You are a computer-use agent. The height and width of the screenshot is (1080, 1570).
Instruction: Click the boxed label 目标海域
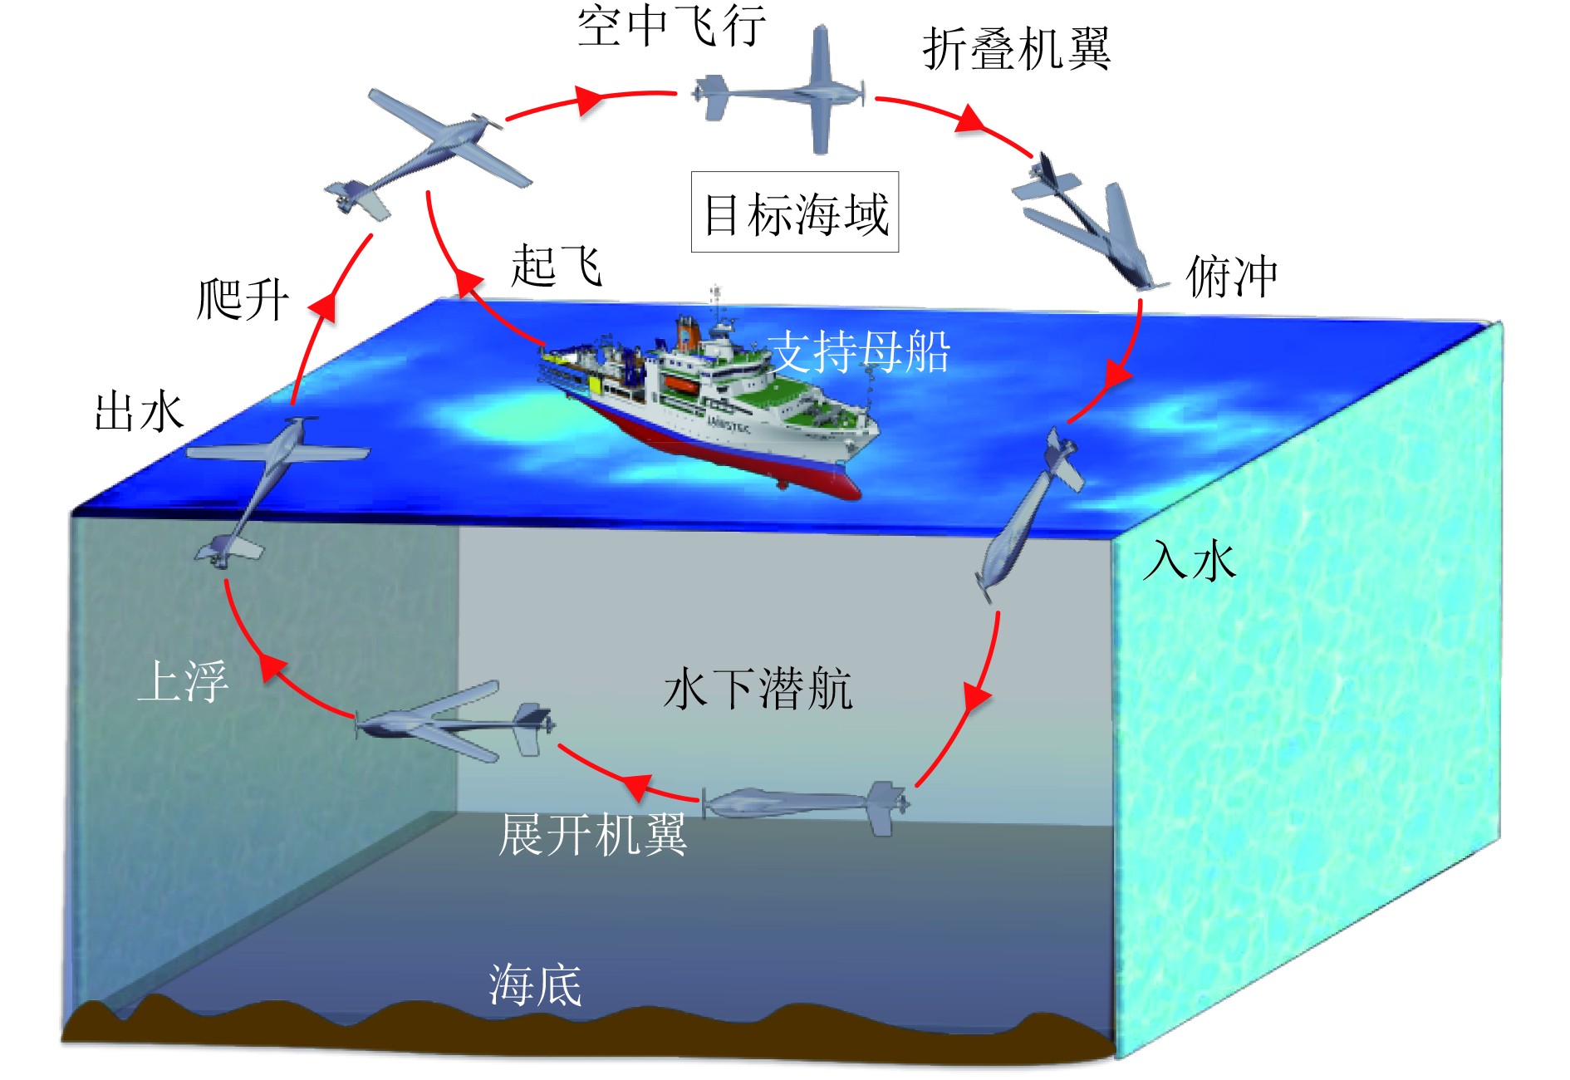pyautogui.click(x=795, y=213)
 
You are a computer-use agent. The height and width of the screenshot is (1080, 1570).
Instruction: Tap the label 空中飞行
pyautogui.click(x=670, y=27)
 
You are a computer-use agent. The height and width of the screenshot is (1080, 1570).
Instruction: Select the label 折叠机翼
pyautogui.click(x=1016, y=49)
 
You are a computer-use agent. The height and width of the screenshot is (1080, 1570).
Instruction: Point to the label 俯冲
pyautogui.click(x=1231, y=276)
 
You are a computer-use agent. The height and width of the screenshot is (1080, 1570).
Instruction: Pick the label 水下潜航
pyautogui.click(x=758, y=689)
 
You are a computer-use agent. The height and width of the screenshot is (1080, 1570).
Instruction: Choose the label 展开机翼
pyautogui.click(x=592, y=834)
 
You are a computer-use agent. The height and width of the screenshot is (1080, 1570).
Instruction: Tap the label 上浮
pyautogui.click(x=183, y=681)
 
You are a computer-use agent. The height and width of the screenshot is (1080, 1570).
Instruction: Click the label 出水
pyautogui.click(x=139, y=412)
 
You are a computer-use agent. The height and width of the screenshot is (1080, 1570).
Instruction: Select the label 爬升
pyautogui.click(x=243, y=299)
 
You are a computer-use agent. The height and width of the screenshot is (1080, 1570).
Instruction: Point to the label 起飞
pyautogui.click(x=556, y=266)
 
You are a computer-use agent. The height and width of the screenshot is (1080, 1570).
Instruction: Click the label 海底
pyautogui.click(x=535, y=985)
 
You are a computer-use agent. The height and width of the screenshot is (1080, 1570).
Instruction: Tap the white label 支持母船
pyautogui.click(x=858, y=351)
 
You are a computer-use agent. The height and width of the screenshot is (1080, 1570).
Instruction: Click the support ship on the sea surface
pyautogui.click(x=706, y=407)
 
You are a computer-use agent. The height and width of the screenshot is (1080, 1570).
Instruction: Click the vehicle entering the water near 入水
pyautogui.click(x=1027, y=515)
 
